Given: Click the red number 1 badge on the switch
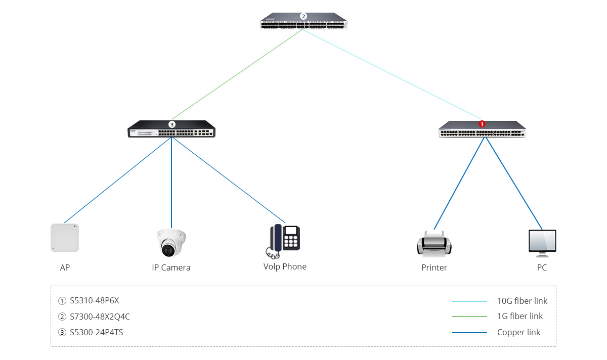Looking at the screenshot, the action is coord(482,124).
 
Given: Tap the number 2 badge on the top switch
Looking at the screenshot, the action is coord(303,16).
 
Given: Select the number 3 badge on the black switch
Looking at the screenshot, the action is coord(172,124).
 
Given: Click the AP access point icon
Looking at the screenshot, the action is coord(65,238).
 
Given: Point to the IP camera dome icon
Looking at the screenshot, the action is coord(171,243).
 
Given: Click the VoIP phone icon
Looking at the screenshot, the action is coord(283,241).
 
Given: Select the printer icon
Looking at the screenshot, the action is coord(434,243).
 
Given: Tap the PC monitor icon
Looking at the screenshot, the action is coord(542,243).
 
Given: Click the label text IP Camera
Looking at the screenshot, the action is coord(171,267).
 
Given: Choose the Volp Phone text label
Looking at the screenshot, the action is coord(285,266).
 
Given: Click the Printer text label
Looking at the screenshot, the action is coord(434,267).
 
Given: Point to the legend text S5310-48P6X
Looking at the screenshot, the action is coord(94,300).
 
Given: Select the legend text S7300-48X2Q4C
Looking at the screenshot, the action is coord(100,317).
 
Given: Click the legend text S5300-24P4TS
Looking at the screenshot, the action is coord(97,332).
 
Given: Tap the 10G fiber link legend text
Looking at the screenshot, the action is coord(522,301).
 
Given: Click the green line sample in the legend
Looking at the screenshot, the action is coord(469,317).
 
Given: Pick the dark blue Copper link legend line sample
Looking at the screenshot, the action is coord(469,333).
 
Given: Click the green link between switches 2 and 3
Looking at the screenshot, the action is coord(237,74).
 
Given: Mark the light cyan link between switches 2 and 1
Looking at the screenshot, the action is coord(392,74).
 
